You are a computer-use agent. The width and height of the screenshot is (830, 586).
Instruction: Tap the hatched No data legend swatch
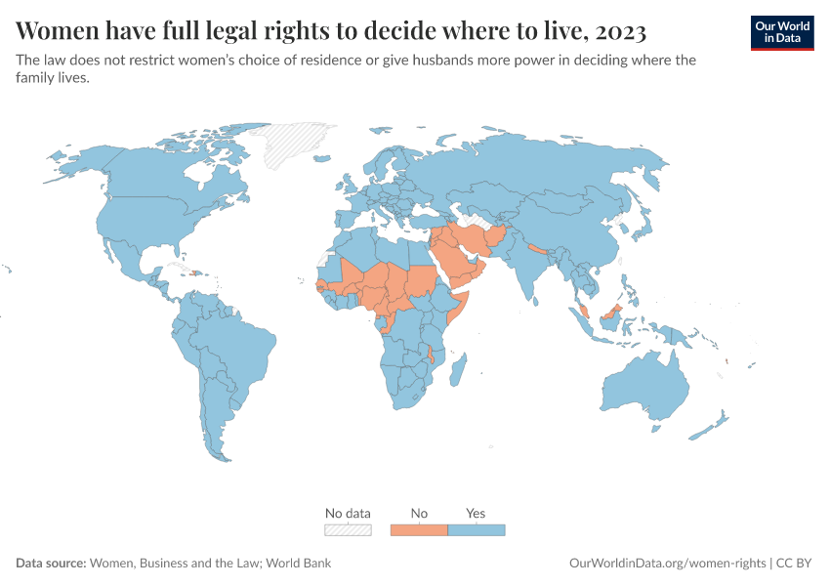coord(348,530)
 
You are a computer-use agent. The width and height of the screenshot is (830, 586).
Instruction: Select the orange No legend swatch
coord(419,530)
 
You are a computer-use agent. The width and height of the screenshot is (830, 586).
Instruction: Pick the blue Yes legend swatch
coord(477,530)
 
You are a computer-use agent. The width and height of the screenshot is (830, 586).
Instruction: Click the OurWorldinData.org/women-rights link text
coord(667,564)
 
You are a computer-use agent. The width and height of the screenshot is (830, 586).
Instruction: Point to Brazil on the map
coord(239,342)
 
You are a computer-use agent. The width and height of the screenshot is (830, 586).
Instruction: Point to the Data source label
coord(51,564)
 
